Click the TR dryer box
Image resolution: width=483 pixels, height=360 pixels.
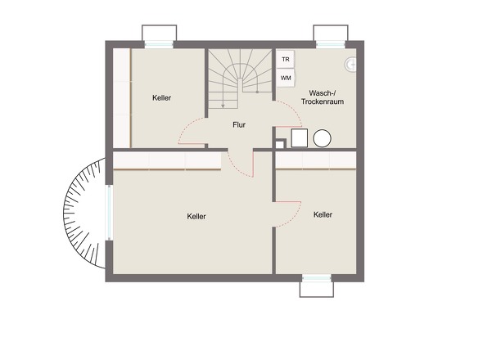click(285, 59)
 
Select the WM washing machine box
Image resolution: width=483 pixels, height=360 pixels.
click(286, 78)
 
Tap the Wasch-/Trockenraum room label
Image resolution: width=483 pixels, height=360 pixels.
click(323, 97)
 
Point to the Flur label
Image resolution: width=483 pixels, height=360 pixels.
click(239, 124)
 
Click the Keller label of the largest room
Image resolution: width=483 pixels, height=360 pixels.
click(196, 216)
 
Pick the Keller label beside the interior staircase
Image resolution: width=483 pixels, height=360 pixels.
click(161, 98)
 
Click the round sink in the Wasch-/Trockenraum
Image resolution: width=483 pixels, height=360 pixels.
click(350, 65)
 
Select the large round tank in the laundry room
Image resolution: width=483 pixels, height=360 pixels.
click(323, 138)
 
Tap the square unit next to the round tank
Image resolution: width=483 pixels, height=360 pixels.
click(299, 138)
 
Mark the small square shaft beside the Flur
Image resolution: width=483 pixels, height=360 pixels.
click(280, 144)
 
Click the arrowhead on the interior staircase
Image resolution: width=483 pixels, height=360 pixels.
click(223, 106)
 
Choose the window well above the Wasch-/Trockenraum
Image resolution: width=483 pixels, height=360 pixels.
click(331, 33)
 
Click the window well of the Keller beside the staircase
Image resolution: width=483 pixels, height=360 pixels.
click(160, 33)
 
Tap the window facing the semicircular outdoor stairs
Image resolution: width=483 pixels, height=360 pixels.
click(109, 213)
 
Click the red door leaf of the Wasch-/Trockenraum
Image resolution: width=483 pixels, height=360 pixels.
click(289, 127)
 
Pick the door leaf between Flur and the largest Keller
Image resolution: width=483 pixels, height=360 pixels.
click(253, 164)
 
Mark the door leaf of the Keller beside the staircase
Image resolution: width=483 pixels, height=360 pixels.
click(192, 143)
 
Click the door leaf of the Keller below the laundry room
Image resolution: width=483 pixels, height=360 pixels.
click(288, 202)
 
